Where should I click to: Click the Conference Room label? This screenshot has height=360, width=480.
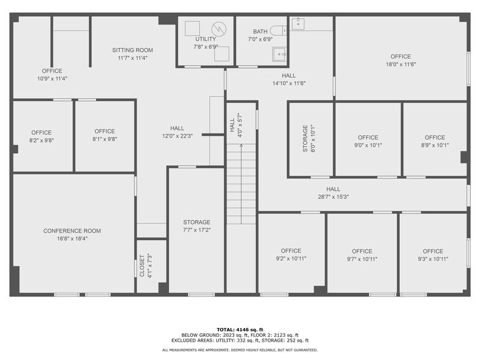coord(72,231)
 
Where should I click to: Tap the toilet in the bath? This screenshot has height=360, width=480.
coord(279,30)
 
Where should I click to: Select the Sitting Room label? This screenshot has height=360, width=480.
coord(132,50)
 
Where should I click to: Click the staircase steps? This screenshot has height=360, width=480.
coord(241,184)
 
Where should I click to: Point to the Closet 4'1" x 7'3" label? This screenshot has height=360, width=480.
coord(144,266)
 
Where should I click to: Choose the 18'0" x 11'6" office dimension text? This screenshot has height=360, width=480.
coord(400,64)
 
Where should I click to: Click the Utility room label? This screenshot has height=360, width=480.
coord(205,39)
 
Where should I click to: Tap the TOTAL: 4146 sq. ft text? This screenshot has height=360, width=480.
coord(240,329)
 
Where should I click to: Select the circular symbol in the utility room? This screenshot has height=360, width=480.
coord(219,28)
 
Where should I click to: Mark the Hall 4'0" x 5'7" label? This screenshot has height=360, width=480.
coord(236,126)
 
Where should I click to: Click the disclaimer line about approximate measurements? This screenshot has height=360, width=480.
coord(240,350)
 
